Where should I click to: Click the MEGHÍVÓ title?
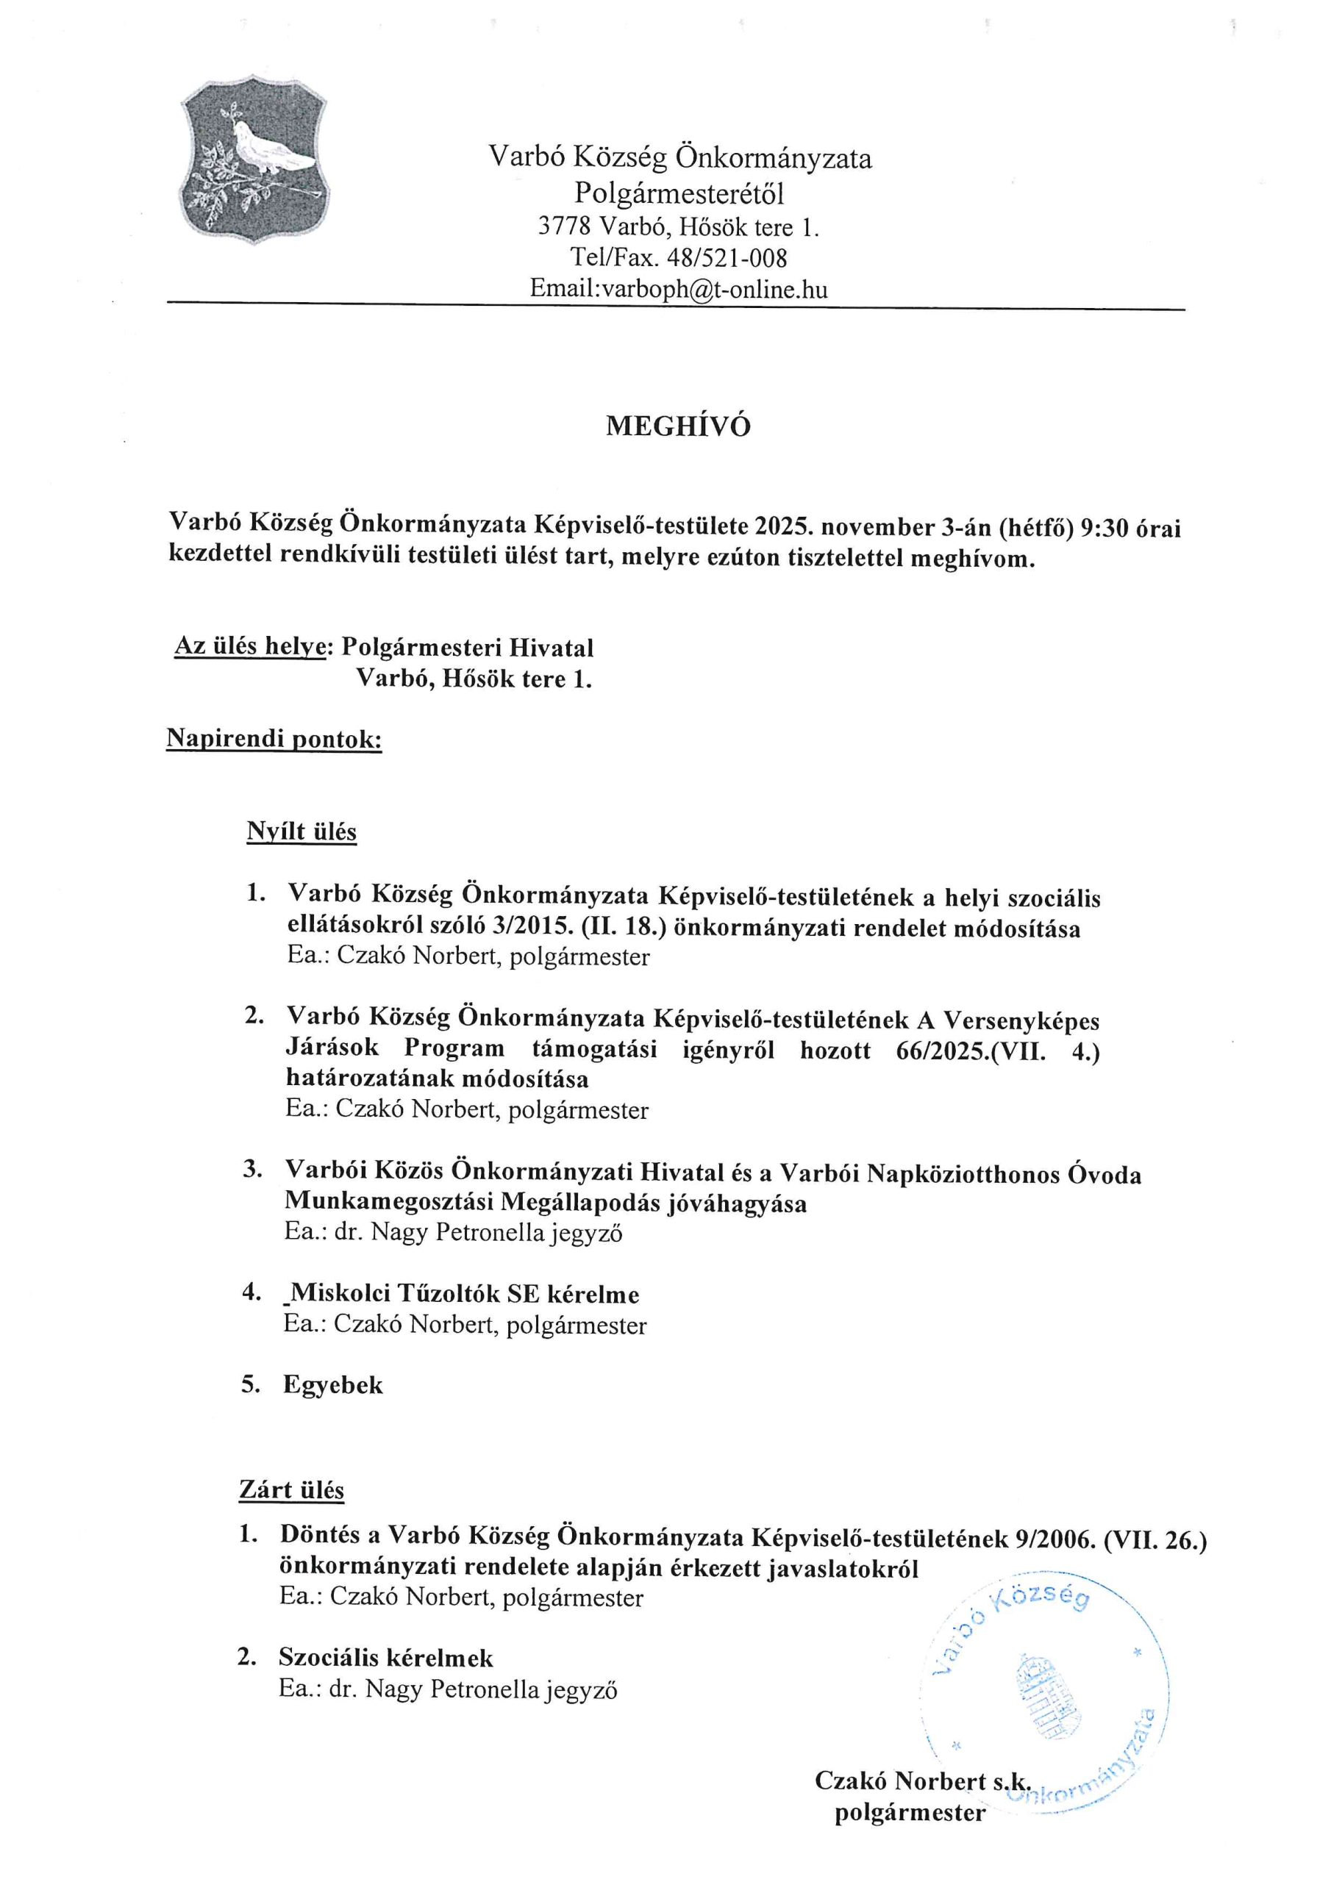click(677, 426)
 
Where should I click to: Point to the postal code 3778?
click(564, 226)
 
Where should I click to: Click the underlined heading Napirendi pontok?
click(274, 739)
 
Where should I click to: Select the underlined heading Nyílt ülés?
click(301, 832)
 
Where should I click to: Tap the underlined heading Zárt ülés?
click(291, 1489)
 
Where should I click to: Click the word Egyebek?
click(333, 1385)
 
